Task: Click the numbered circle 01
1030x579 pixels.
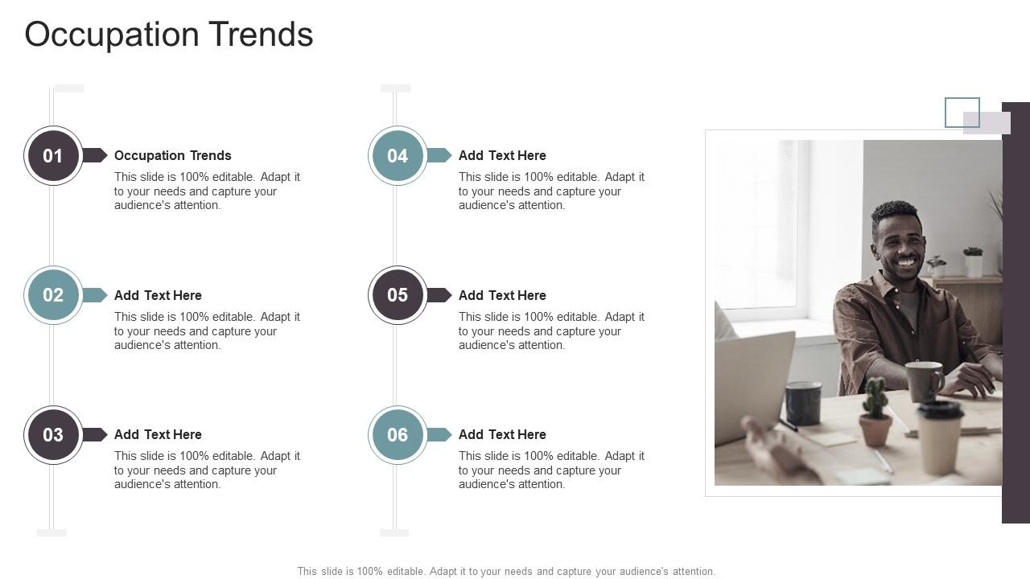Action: coord(53,155)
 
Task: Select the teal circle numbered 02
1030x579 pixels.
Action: coord(53,295)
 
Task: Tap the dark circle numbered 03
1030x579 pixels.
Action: coord(53,435)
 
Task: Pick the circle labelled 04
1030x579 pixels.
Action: coord(398,155)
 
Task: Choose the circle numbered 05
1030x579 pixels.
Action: coord(398,295)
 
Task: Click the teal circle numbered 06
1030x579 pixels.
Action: coord(398,435)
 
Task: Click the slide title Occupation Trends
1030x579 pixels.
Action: coord(169,35)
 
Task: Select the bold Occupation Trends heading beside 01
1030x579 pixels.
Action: coord(173,155)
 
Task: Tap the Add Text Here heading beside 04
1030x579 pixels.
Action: coord(502,155)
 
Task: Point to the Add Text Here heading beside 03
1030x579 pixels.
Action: coord(158,434)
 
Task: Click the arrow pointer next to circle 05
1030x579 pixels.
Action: coord(439,295)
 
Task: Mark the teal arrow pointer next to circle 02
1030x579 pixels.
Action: coord(95,295)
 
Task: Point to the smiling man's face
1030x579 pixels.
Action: coord(899,241)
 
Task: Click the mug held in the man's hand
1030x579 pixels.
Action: coord(924,380)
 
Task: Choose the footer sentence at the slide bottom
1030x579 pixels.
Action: coord(506,572)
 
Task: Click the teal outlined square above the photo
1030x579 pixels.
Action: coord(962,113)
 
